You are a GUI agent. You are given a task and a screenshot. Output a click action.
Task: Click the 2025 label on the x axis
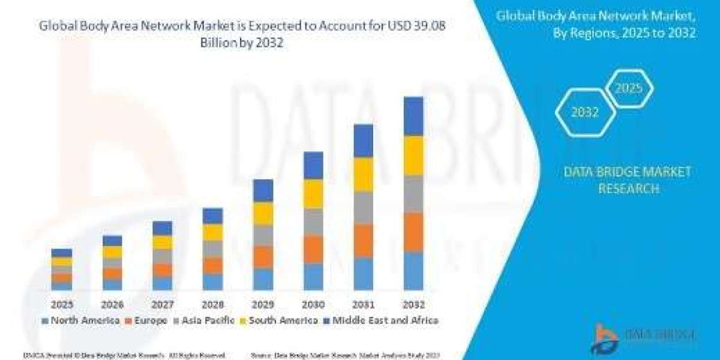tap(61, 304)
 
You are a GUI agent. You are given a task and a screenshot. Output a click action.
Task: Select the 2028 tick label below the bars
tap(212, 304)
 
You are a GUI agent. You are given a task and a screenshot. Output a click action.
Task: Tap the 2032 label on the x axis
tap(413, 304)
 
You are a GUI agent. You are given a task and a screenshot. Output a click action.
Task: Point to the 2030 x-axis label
tap(313, 304)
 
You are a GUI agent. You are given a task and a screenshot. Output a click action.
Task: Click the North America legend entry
tap(81, 320)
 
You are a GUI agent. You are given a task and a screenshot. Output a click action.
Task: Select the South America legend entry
tap(278, 320)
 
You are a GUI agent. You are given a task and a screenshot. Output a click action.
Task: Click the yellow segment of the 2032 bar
tap(413, 155)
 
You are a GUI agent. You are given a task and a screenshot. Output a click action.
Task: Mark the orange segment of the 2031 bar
tap(363, 241)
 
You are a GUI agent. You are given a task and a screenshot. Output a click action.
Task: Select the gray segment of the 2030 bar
tap(313, 221)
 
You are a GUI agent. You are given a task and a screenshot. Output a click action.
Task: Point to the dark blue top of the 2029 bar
tap(263, 190)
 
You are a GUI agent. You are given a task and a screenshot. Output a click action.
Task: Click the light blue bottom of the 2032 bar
tap(413, 271)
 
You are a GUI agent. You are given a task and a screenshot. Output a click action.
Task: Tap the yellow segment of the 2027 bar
tap(162, 242)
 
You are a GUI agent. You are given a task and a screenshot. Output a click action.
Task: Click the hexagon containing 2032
tap(584, 112)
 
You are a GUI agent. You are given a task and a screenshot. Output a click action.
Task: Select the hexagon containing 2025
tap(628, 89)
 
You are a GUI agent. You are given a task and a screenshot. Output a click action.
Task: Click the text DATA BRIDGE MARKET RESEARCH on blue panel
tap(628, 180)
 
